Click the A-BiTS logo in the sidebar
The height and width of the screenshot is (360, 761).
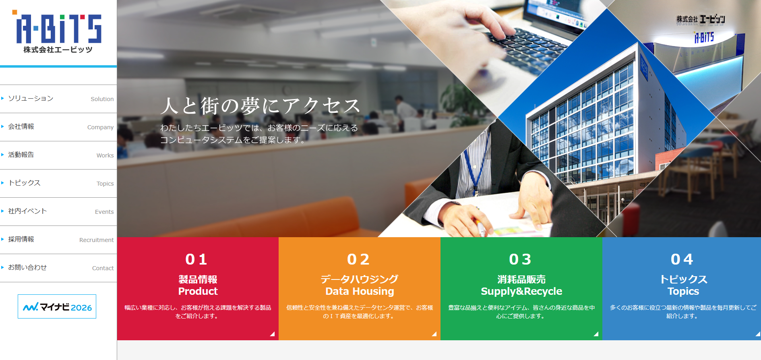(x=58, y=32)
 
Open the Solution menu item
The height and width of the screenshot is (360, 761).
(x=102, y=99)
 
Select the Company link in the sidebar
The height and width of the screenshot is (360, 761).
(x=100, y=127)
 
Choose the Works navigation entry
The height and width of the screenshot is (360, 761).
(x=105, y=155)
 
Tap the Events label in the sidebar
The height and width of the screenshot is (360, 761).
(x=104, y=212)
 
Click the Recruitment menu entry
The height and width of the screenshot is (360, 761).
(x=97, y=240)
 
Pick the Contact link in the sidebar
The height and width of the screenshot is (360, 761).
(x=103, y=268)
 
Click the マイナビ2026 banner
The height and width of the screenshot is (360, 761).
(x=57, y=306)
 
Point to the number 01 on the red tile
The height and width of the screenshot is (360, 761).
(x=196, y=259)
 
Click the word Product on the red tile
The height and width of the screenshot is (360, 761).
(x=198, y=291)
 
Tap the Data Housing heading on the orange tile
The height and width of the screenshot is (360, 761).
(x=360, y=291)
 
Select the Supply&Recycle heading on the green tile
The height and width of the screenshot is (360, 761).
(x=521, y=291)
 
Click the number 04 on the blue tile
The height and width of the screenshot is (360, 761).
(x=682, y=259)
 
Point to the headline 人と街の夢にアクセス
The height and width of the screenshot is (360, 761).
(x=261, y=106)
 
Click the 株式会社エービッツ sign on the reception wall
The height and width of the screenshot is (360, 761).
(x=701, y=19)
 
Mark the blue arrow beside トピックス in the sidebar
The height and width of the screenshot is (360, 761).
(x=2, y=183)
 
